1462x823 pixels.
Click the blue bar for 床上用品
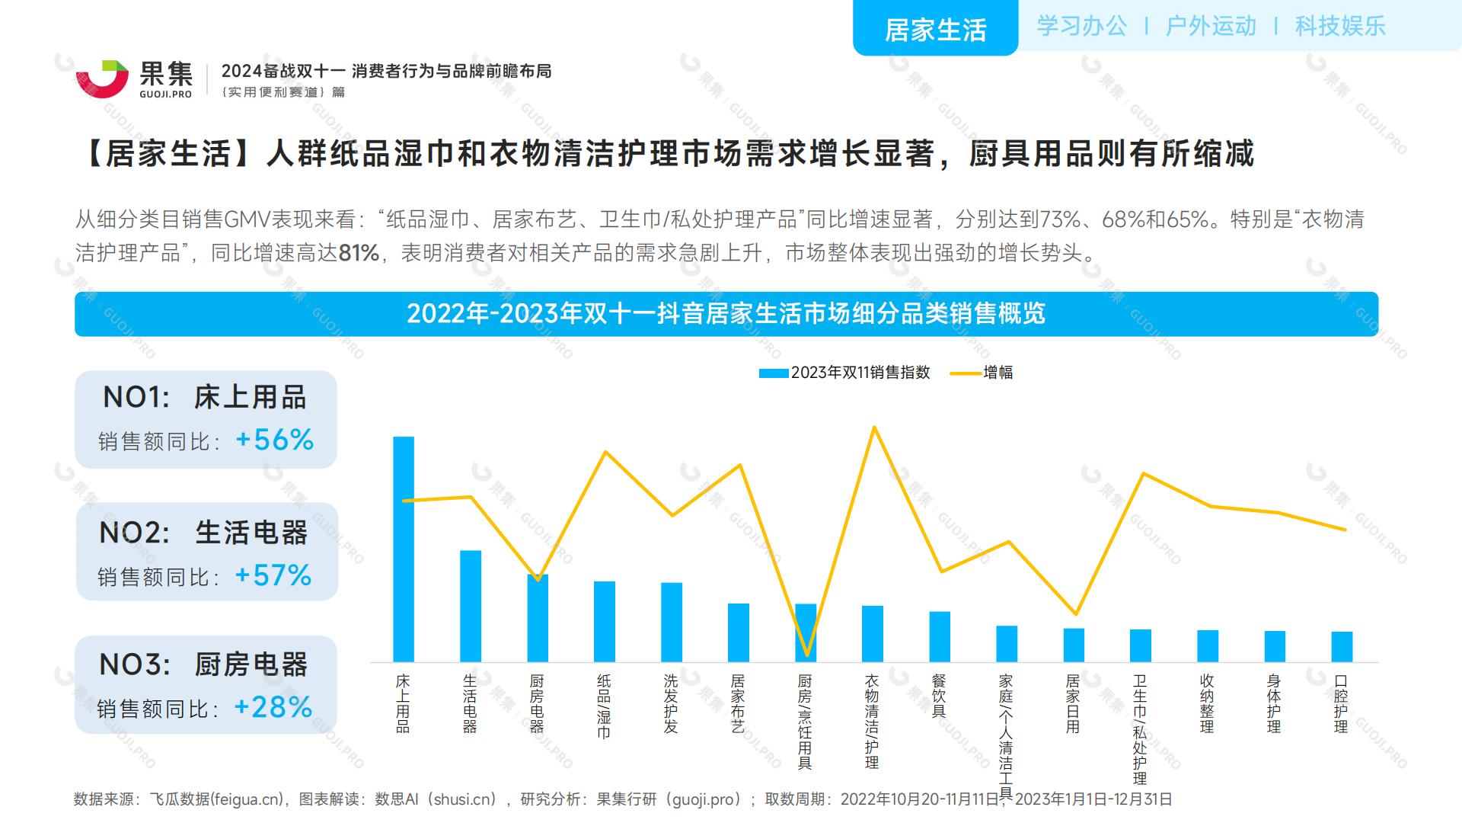point(404,549)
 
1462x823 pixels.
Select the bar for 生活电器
point(471,606)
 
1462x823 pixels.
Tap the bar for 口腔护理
point(1342,646)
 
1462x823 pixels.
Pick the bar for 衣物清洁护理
point(873,633)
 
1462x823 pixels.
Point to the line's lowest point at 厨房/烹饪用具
point(806,655)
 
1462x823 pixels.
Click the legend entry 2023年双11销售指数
point(845,373)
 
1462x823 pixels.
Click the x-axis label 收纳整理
point(1207,703)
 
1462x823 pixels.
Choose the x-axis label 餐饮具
point(939,696)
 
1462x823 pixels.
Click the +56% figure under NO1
point(275,440)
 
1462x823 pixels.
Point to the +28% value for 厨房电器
point(273,707)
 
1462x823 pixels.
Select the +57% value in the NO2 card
point(273,575)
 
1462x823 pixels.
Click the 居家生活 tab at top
point(935,30)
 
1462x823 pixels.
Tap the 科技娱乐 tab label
point(1340,26)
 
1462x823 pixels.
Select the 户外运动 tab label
point(1211,26)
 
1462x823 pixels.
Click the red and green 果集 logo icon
point(102,78)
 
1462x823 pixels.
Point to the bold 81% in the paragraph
point(359,253)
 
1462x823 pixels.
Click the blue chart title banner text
point(726,314)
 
